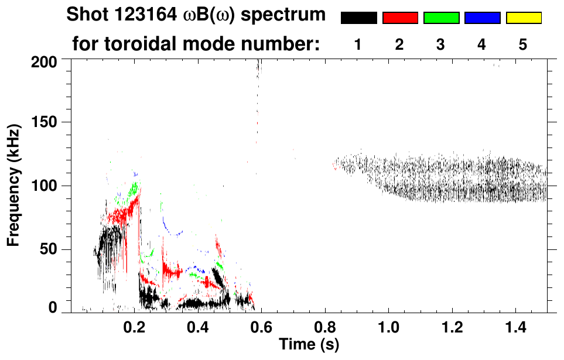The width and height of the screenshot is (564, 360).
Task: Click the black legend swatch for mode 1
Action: pos(358,18)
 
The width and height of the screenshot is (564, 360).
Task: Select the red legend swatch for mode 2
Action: pos(400,18)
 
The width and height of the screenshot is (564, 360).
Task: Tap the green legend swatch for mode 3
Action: pos(441,18)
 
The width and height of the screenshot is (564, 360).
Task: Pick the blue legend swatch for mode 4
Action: pos(482,18)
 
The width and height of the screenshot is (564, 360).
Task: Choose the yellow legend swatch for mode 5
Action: pos(524,18)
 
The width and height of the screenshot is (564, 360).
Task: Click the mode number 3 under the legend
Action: pos(441,44)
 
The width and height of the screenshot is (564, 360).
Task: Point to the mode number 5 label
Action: pos(523,44)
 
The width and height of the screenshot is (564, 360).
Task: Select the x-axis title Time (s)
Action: pos(309,344)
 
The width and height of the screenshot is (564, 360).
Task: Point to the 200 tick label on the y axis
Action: pos(46,60)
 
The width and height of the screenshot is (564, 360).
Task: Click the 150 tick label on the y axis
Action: pos(46,122)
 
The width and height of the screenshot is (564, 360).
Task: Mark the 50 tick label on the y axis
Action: pos(50,249)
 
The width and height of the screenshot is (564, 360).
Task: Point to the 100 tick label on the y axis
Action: pos(46,186)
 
